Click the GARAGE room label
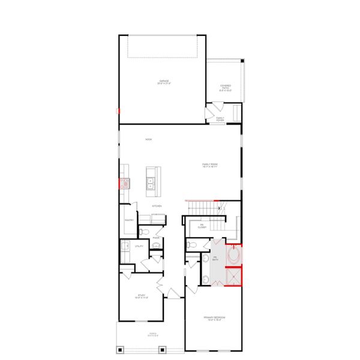[163, 82]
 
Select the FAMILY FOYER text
[221, 119]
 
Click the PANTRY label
[128, 220]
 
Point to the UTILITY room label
[139, 246]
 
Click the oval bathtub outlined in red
[233, 256]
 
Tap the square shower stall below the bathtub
[233, 277]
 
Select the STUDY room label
[142, 296]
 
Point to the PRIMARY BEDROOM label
[213, 318]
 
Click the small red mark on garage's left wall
[119, 110]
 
